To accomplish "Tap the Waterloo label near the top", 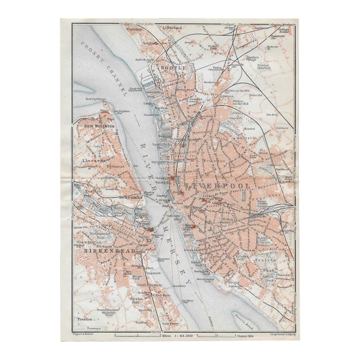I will [133, 28].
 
